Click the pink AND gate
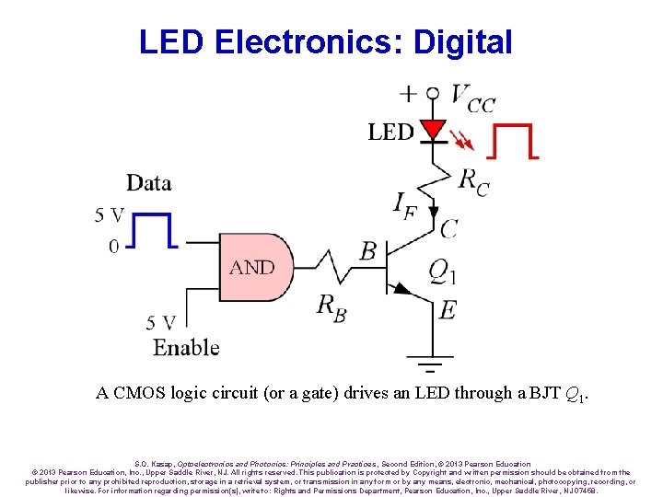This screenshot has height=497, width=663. click(257, 268)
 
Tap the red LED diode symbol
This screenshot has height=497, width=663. click(432, 129)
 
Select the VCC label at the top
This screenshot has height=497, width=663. click(472, 98)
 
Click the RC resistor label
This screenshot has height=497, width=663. click(473, 181)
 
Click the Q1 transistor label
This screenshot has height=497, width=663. click(443, 272)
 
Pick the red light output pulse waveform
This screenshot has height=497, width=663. click(514, 142)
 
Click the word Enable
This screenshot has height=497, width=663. click(186, 348)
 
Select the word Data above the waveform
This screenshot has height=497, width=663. click(149, 182)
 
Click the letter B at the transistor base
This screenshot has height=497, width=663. click(368, 249)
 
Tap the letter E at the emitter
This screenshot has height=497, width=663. click(448, 310)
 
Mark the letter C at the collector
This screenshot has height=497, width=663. click(448, 227)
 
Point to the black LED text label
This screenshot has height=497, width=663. click(390, 133)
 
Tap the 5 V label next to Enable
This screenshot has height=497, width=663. click(161, 323)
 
